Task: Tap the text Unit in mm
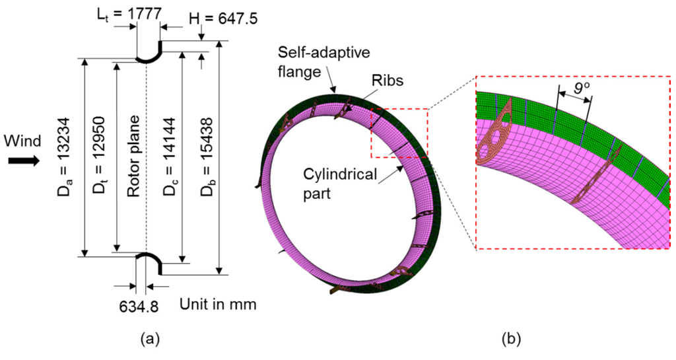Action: (217, 305)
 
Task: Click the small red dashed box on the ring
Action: (399, 133)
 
